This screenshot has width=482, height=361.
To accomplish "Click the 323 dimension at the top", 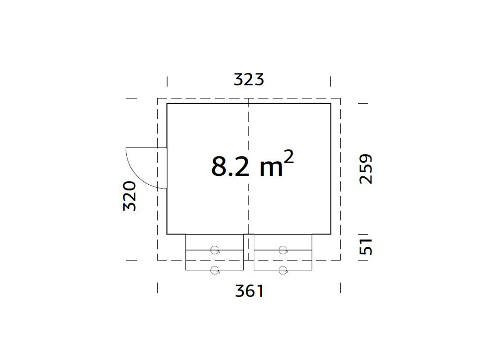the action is [249, 79].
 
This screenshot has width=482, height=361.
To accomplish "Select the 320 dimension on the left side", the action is [129, 196].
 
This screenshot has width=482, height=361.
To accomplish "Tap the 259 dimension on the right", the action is [366, 169].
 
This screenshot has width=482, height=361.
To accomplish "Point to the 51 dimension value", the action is [366, 246].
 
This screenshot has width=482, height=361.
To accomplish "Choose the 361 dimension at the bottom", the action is [249, 291].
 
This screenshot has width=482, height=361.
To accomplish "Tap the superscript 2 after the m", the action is [289, 157].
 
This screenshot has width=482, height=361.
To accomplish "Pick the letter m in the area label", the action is [272, 169].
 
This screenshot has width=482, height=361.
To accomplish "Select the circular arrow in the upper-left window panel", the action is [215, 250].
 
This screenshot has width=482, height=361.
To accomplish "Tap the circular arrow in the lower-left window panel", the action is [215, 270].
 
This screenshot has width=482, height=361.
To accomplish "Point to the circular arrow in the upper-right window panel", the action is [283, 250].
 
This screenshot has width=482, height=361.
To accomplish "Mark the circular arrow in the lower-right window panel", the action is [283, 270].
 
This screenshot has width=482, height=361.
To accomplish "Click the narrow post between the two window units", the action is [249, 247].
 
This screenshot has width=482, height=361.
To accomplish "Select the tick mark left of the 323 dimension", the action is [167, 81].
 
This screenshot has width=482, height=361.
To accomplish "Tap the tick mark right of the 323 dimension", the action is [331, 81].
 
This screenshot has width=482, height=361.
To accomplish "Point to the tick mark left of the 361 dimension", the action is [157, 288].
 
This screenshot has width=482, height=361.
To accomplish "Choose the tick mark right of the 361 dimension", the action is [340, 288].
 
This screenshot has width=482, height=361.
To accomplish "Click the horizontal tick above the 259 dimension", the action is [363, 103].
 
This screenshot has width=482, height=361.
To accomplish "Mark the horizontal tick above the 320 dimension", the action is [132, 98].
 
